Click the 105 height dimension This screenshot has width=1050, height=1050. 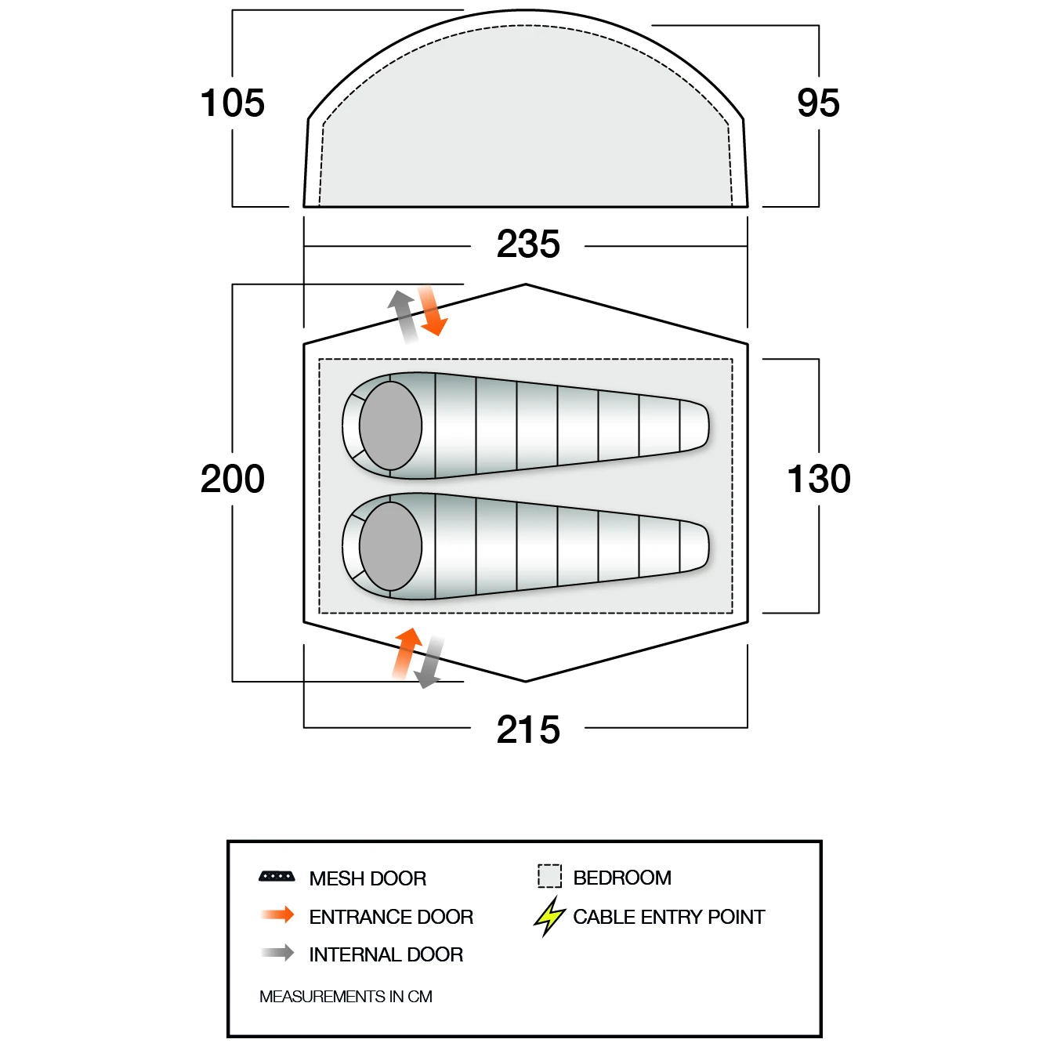coord(233,103)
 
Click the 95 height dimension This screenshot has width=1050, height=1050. coord(818,103)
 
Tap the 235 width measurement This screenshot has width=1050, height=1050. coord(528,244)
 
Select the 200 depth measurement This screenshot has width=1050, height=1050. coord(233,480)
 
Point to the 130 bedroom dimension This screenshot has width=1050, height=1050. coord(818,480)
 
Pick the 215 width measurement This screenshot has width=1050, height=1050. coord(528,730)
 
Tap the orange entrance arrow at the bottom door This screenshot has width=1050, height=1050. coord(407,654)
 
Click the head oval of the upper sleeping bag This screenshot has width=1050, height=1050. coord(391,425)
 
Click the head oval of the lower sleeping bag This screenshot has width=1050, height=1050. coord(391,546)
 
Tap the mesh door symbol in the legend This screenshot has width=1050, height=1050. coord(277,877)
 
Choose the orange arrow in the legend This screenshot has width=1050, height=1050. coord(277,915)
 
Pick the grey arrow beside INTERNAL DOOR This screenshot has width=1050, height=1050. coord(277,953)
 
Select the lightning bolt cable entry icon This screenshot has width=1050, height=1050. coord(549,917)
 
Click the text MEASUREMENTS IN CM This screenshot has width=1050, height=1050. coord(346,997)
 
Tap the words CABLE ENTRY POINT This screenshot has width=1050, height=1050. coord(669,917)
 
